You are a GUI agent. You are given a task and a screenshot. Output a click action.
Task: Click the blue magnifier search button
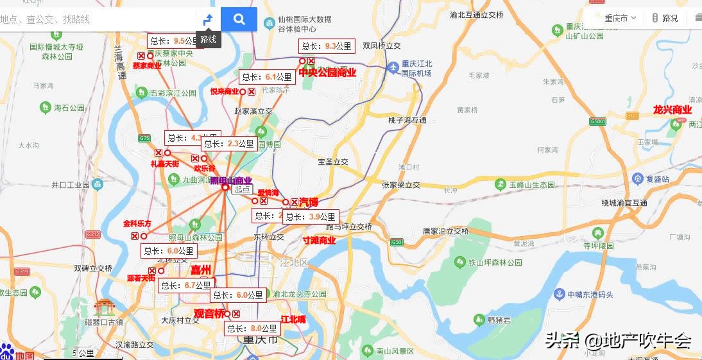239,19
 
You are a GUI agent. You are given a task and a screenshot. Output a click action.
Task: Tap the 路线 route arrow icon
208,20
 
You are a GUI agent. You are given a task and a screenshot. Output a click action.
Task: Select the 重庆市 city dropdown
620,18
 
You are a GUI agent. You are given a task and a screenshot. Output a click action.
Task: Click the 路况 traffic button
665,18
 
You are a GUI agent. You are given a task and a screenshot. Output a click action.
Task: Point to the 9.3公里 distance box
327,46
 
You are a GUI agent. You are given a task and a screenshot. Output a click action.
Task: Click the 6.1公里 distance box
267,77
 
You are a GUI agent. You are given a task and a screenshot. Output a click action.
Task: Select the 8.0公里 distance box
252,329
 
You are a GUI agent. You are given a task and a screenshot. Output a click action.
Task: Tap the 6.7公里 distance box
186,286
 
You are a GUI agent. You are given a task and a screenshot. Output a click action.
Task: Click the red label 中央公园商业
327,73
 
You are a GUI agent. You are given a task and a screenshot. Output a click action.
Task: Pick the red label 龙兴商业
672,110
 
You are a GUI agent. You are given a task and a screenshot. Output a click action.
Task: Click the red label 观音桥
210,314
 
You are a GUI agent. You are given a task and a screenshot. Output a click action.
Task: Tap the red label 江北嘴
293,319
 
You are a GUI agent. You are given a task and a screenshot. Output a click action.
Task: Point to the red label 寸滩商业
319,241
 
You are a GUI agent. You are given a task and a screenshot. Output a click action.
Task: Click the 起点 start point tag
242,189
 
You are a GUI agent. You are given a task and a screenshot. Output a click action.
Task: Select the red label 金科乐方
137,224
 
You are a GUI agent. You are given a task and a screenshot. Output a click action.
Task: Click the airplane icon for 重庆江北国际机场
393,67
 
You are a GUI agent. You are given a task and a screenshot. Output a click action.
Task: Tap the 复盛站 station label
658,178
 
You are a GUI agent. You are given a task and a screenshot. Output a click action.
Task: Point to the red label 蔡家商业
147,65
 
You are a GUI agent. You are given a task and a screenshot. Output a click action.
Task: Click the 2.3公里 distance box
229,144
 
